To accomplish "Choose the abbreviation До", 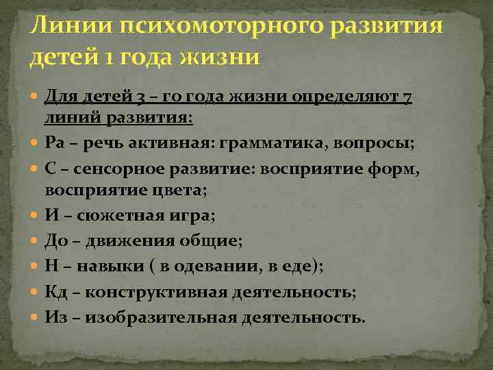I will pos(55,241).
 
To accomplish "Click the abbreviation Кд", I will pos(55,293).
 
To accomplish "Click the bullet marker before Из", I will pos(35,317).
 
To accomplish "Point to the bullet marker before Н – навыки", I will pos(35,267).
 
